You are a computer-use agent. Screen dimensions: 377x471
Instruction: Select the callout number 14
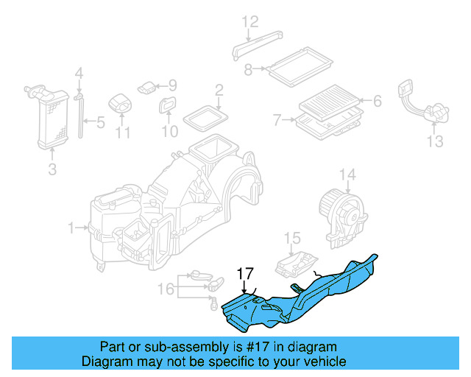(347, 175)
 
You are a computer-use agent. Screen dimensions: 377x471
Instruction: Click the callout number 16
(168, 289)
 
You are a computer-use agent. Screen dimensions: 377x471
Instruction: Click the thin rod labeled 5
(79, 118)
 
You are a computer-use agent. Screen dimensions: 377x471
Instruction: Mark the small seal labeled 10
(167, 106)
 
